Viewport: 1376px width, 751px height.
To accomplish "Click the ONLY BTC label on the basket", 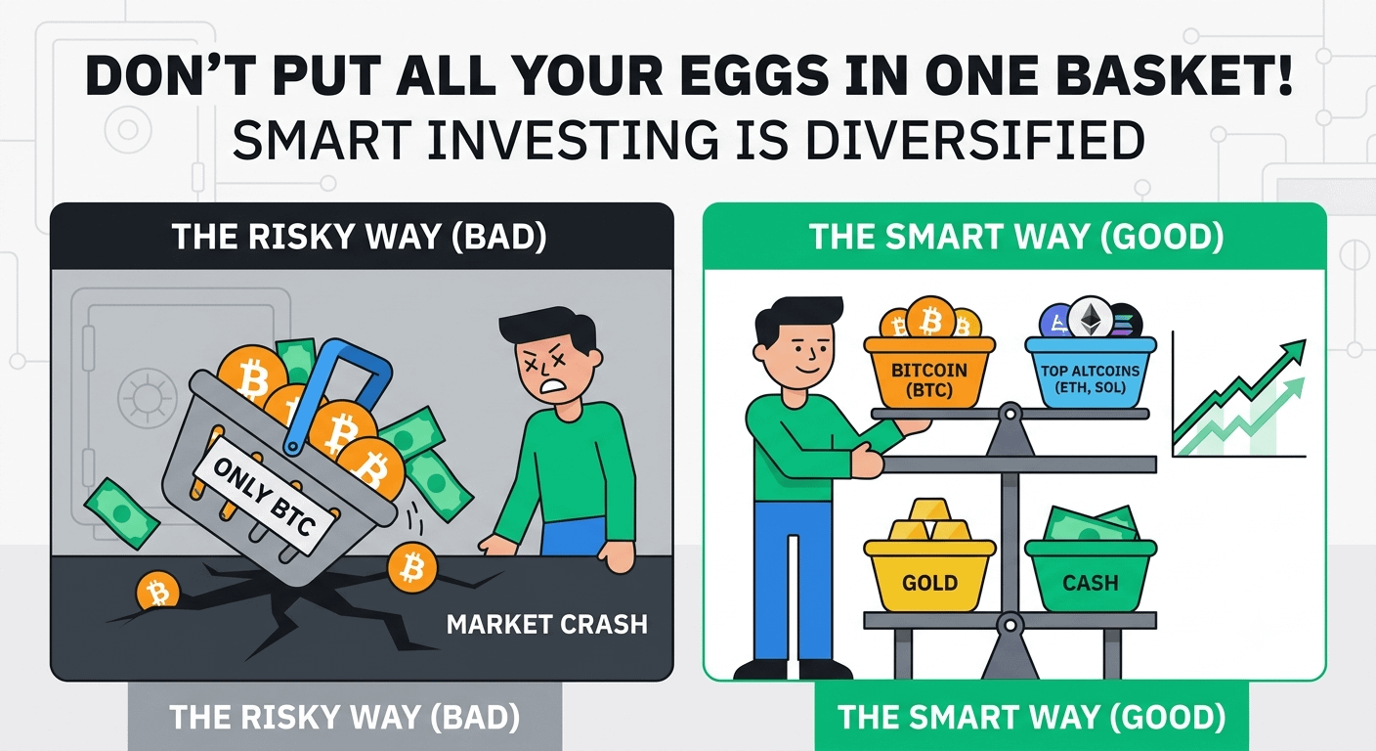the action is [x=265, y=497].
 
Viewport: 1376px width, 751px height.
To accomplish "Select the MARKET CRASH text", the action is [x=546, y=625].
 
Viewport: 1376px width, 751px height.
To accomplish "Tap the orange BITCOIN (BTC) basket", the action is [x=928, y=372].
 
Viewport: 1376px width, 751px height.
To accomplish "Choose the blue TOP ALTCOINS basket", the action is [x=1091, y=372].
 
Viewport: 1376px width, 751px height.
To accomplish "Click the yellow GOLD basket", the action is [x=929, y=575].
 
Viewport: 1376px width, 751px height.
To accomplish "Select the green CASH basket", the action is [x=1091, y=575].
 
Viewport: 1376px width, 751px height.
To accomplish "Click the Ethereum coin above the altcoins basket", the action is [x=1091, y=318].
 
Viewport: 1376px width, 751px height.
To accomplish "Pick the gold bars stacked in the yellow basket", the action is [x=929, y=520].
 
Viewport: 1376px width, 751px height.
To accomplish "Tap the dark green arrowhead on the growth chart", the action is [x=1293, y=351].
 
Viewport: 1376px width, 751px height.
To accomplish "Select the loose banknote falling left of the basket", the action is [x=121, y=513].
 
